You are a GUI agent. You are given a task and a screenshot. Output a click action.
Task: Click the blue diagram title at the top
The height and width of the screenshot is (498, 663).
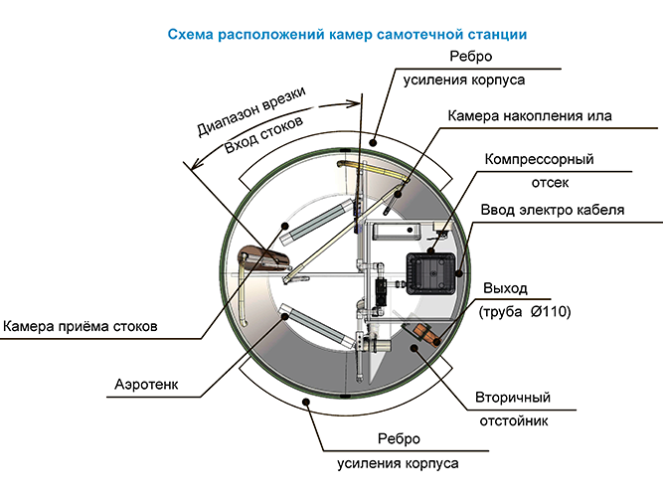click(347, 34)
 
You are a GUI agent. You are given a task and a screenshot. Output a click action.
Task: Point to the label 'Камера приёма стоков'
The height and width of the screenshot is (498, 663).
click(81, 325)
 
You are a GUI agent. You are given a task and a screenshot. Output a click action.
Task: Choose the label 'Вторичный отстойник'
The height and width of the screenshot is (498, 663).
click(511, 409)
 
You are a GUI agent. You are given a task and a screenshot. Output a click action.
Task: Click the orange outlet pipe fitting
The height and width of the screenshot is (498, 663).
click(424, 336)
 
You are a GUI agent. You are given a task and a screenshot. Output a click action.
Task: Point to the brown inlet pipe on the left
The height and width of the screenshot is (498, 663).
click(264, 260)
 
